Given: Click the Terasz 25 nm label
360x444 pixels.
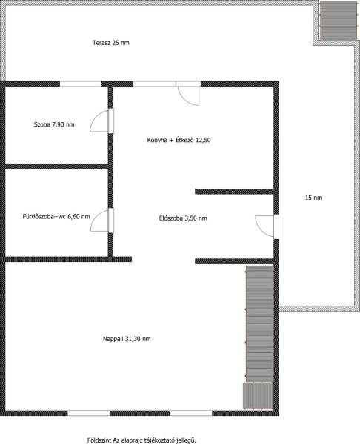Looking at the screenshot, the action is (111, 43).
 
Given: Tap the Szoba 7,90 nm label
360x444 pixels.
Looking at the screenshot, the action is (54, 124).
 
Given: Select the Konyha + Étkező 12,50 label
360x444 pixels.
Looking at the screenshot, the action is (179, 140).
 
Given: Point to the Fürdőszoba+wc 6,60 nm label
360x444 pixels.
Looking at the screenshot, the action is (56, 217).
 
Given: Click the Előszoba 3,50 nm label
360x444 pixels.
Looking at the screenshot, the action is (183, 218).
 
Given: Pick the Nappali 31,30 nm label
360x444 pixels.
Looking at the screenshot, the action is (127, 339).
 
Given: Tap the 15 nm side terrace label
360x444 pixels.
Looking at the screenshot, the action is (314, 198).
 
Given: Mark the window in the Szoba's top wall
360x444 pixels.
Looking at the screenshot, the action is (81, 84).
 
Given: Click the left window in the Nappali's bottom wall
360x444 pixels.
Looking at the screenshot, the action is (89, 413).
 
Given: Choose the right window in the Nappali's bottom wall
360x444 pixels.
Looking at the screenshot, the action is (191, 413).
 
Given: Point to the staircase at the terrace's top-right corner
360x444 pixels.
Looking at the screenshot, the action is (339, 21).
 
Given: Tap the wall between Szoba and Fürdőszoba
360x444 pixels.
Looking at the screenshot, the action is (56, 166).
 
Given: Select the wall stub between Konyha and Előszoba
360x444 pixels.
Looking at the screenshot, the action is (234, 192).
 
